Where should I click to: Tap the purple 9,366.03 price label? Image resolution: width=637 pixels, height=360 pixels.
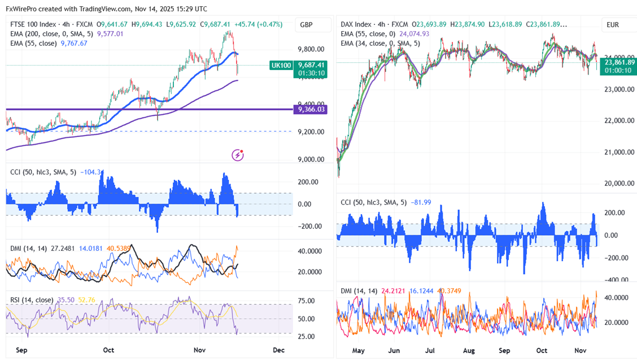[x=311, y=109]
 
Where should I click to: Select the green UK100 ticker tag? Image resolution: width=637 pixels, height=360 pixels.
[x=281, y=65]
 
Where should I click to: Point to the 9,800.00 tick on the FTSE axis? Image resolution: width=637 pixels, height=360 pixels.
[x=311, y=49]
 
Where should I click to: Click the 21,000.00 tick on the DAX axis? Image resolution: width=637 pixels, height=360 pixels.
[x=619, y=152]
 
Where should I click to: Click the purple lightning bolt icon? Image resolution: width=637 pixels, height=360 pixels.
[x=238, y=155]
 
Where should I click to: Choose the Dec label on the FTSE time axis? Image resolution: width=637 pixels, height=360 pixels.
[x=278, y=350]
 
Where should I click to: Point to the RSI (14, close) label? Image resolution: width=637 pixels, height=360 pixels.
[x=32, y=300]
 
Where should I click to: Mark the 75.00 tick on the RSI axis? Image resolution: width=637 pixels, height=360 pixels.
[x=307, y=301]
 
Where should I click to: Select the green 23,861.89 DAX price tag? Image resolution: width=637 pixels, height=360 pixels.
[x=619, y=62]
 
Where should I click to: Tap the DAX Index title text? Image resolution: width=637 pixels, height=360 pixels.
[x=356, y=24]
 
